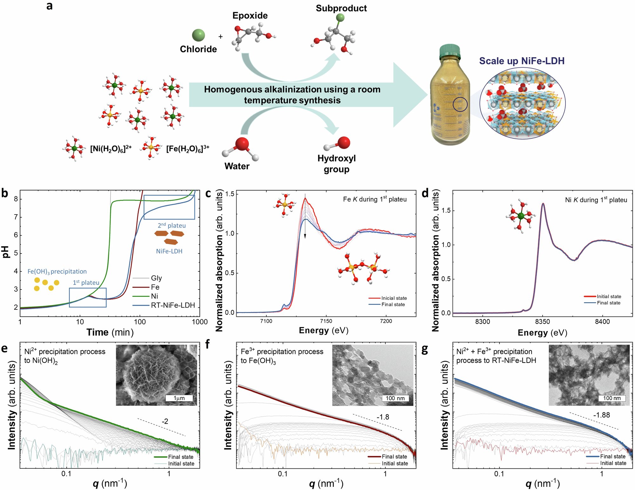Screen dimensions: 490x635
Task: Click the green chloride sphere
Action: [x=198, y=35]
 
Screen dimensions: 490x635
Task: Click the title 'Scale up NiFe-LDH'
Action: [x=522, y=61]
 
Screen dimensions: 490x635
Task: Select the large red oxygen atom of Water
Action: [x=242, y=144]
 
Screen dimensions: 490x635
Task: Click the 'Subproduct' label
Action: [x=341, y=8]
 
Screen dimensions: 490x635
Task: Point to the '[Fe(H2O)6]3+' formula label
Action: [x=188, y=148]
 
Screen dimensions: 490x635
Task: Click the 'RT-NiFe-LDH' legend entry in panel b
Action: [x=173, y=305]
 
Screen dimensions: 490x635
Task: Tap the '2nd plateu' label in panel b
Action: [x=172, y=226]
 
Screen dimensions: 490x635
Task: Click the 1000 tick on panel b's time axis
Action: [x=200, y=322]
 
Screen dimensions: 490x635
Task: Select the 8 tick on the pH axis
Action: [x=16, y=199]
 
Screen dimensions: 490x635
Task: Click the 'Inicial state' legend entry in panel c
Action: [x=394, y=298]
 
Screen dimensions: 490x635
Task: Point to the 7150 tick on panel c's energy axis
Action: [x=326, y=321]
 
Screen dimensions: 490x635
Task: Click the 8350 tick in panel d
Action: [x=542, y=322]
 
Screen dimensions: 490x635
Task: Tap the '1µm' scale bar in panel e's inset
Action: [x=179, y=398]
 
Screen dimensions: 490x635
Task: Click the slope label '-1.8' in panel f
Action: [x=383, y=417]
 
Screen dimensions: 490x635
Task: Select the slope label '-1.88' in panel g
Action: [x=601, y=415]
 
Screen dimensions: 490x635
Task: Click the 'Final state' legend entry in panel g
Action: [x=612, y=457]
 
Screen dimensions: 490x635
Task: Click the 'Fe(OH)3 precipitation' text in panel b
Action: [x=57, y=272]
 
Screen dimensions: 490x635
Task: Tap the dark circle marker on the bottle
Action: [x=460, y=105]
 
